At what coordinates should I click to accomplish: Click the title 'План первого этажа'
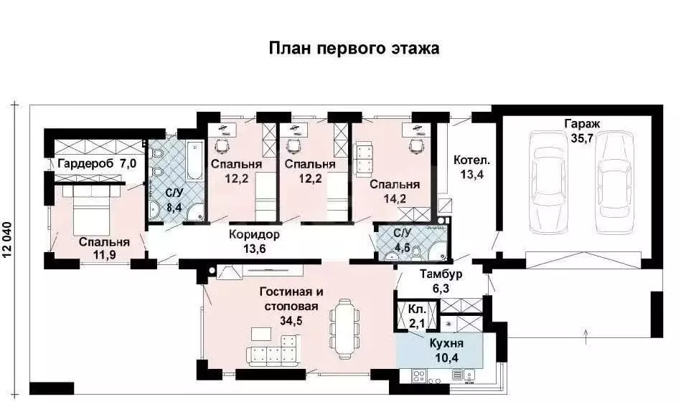pyautogui.click(x=354, y=48)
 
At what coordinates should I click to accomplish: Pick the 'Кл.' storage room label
pyautogui.click(x=417, y=309)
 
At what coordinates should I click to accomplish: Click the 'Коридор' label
pyautogui.click(x=254, y=234)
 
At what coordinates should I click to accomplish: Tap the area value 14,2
pyautogui.click(x=395, y=199)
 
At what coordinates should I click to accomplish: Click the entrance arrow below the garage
pyautogui.click(x=586, y=331)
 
